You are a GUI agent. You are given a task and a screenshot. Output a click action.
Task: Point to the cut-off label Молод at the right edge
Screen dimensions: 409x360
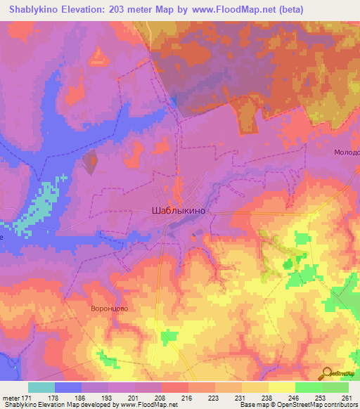[x=347, y=152]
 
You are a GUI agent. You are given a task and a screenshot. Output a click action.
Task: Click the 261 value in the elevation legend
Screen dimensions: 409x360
[x=347, y=397]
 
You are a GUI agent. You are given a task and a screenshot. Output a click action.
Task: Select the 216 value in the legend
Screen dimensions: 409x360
[x=187, y=397]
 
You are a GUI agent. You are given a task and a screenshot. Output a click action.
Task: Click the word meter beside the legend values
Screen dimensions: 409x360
[x=10, y=397]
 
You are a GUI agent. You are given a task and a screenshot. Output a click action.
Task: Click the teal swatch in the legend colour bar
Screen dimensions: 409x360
[x=41, y=387]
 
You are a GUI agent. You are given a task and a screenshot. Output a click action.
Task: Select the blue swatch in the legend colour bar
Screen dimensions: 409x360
[x=67, y=387]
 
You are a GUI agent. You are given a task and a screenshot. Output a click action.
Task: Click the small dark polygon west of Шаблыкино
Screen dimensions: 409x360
[x=91, y=162]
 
